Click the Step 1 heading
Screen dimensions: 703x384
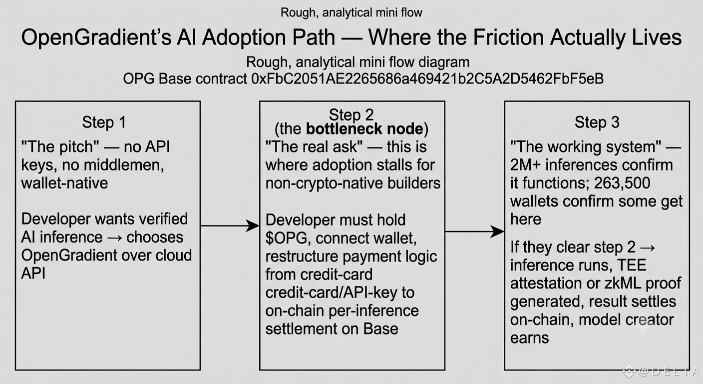click(x=104, y=122)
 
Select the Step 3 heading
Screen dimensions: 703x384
click(x=597, y=122)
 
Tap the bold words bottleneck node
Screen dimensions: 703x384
click(x=364, y=129)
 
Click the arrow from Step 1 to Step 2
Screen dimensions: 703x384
click(x=230, y=225)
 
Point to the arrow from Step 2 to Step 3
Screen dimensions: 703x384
click(x=475, y=231)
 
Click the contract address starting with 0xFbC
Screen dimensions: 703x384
click(x=427, y=78)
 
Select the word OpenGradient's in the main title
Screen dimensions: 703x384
click(x=96, y=37)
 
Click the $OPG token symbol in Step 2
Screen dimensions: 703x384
click(x=286, y=238)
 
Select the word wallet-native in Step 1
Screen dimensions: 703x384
click(x=64, y=183)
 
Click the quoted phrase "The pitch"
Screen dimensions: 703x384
click(x=60, y=146)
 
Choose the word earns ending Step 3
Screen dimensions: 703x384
click(x=529, y=338)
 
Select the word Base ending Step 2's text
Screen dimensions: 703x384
click(x=380, y=329)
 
